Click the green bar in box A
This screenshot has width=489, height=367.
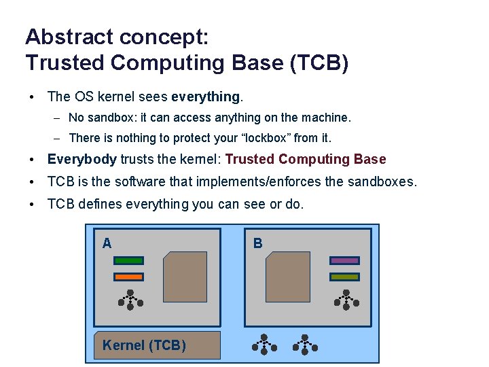point(128,260)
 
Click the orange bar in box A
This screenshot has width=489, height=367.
point(128,277)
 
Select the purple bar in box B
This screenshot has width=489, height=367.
point(344,260)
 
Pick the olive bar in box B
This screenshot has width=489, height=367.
point(344,277)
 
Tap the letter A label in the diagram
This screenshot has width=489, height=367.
point(107,243)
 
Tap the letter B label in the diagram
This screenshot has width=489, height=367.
point(257,243)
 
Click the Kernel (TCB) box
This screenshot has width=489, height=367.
point(157,345)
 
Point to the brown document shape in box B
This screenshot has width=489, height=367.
point(288,277)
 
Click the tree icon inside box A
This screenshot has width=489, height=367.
point(130,300)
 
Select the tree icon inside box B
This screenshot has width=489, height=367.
point(346,300)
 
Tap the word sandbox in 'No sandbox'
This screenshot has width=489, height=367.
point(109,118)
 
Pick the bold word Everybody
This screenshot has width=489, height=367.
point(82,160)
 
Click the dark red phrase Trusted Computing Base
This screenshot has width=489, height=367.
point(306,160)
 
